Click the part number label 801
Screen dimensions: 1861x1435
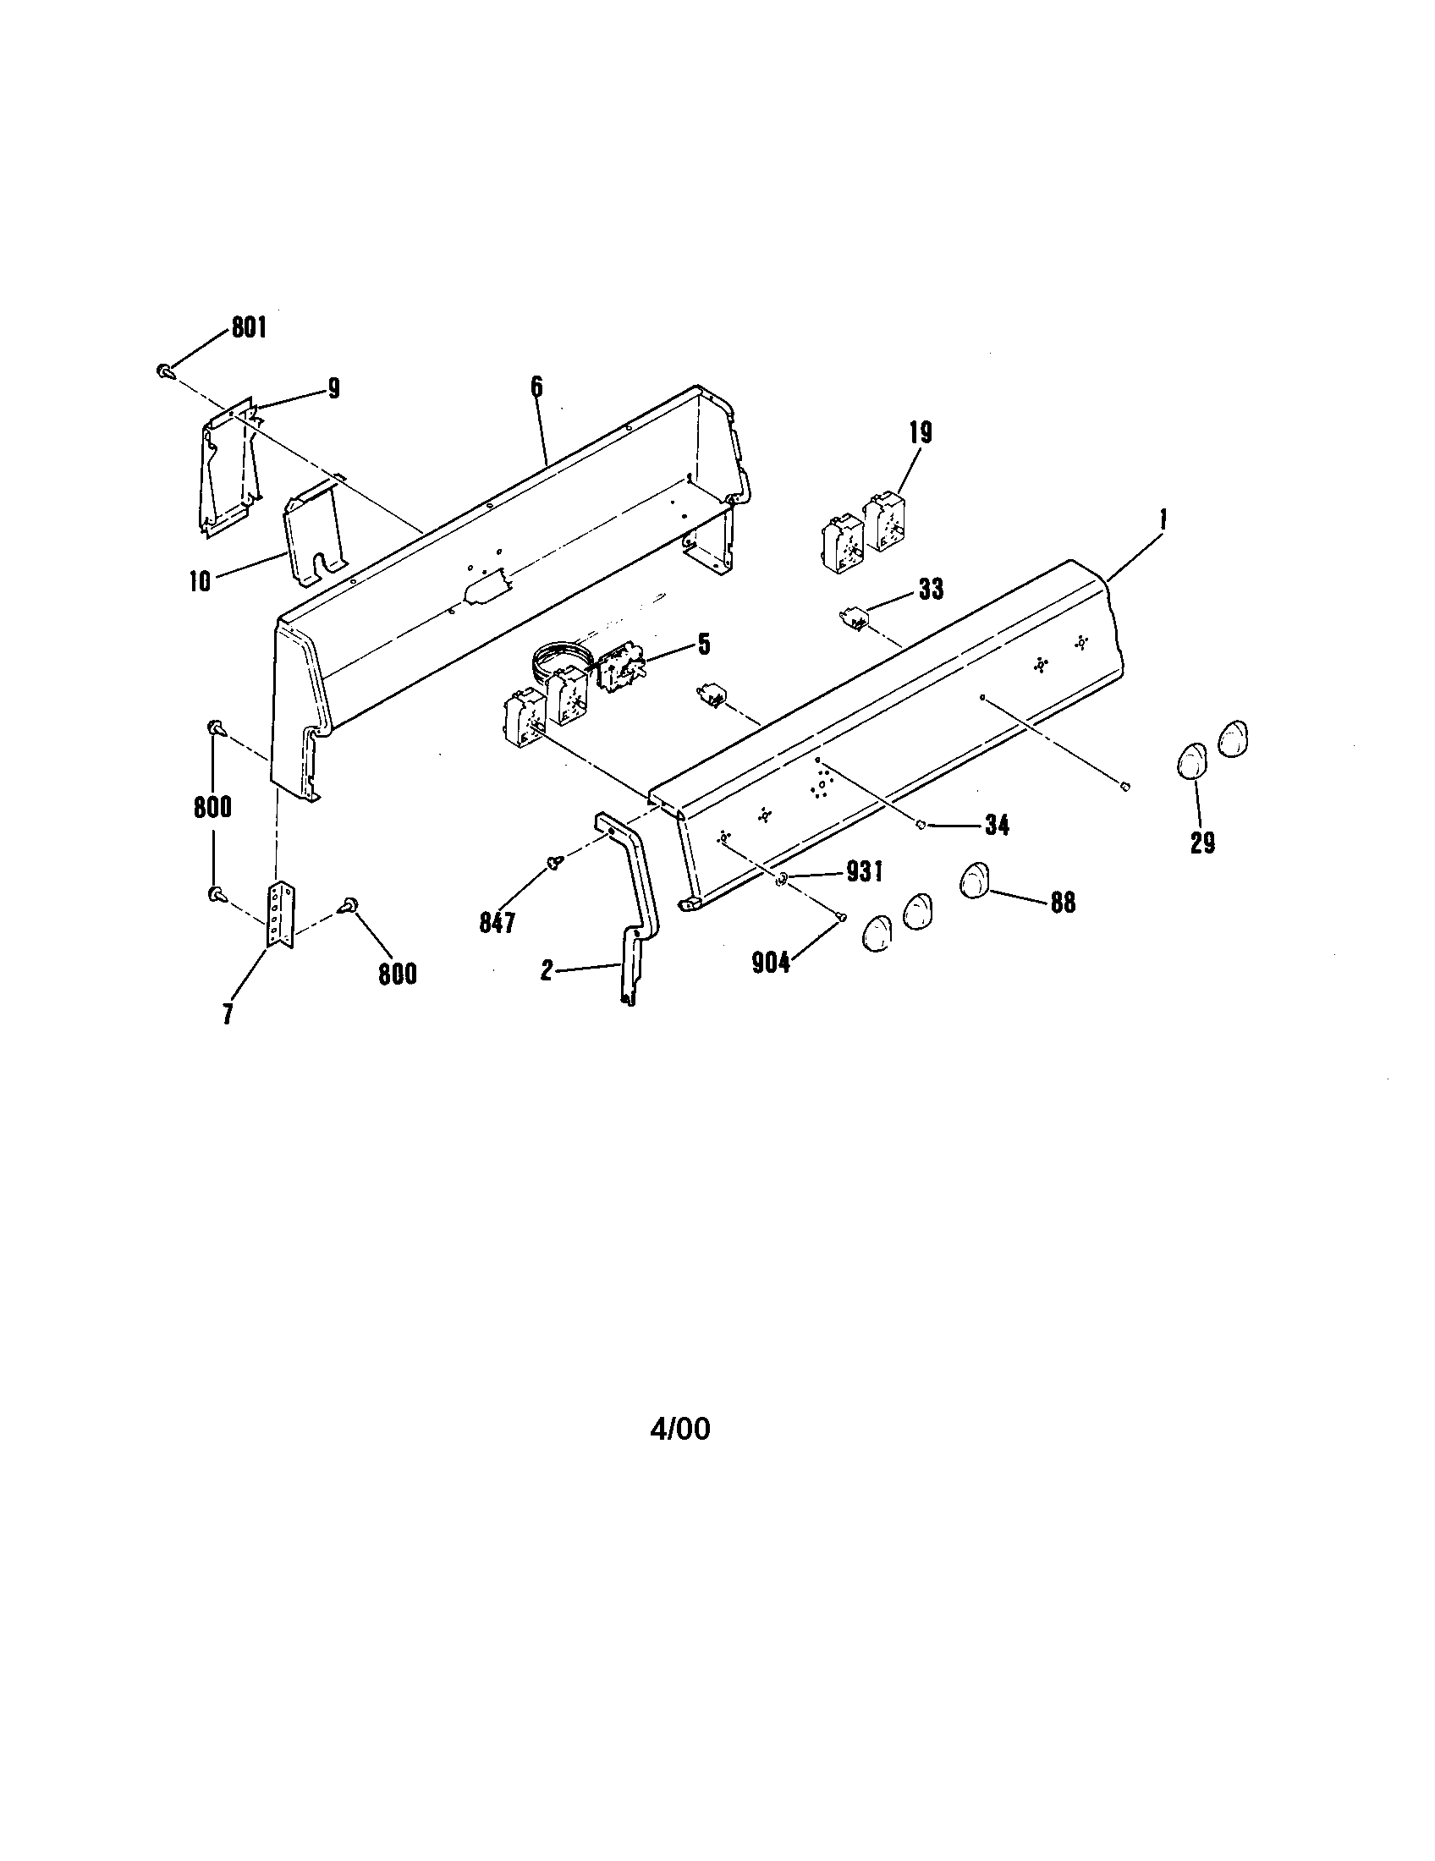249,328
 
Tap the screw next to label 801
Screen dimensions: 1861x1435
164,371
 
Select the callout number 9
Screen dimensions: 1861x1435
333,389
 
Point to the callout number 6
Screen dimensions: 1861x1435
536,387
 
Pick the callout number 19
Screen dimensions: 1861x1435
921,433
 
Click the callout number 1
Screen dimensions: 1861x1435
1163,517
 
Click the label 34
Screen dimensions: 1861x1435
996,825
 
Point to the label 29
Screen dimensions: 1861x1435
1202,843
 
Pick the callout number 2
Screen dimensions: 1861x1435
547,969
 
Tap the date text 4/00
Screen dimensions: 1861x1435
680,1429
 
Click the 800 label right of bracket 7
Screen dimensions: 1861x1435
397,974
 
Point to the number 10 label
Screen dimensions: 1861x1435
201,582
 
